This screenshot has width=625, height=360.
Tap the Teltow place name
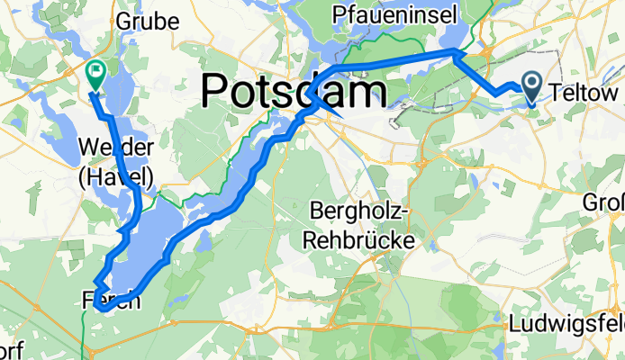pyautogui.click(x=585, y=93)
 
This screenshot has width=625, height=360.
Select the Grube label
pyautogui.click(x=141, y=22)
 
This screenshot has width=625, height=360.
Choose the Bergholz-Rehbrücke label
pyautogui.click(x=360, y=226)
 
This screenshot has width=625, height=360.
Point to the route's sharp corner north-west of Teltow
pyautogui.click(x=453, y=54)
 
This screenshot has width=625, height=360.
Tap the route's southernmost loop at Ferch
pyautogui.click(x=104, y=307)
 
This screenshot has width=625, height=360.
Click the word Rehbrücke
pyautogui.click(x=360, y=240)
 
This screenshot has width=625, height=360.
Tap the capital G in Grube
pyautogui.click(x=122, y=22)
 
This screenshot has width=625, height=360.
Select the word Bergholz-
pyautogui.click(x=360, y=211)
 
